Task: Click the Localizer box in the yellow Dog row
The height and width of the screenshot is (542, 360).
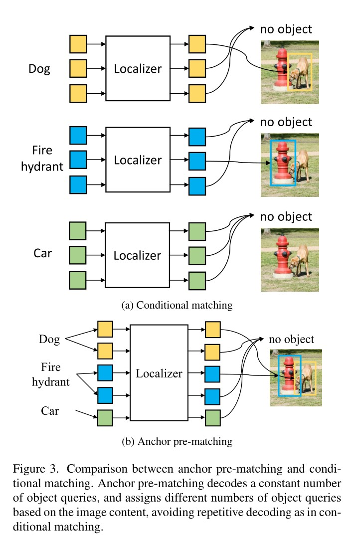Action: [138, 69]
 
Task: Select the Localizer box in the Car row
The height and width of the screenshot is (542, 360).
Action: [138, 255]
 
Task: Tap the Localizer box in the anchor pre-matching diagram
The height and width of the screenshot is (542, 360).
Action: [159, 373]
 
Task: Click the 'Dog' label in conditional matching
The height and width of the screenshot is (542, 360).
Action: [39, 69]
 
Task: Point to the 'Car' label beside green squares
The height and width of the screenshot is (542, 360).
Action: [43, 253]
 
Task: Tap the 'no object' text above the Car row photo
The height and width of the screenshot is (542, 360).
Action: [286, 216]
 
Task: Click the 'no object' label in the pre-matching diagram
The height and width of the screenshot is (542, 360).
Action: [292, 340]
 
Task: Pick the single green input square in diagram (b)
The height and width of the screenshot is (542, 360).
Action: [105, 417]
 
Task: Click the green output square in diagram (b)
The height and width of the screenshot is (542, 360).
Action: [213, 417]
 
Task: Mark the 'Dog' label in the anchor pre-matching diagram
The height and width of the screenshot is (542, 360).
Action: [49, 340]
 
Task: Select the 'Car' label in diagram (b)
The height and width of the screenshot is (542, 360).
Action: [49, 411]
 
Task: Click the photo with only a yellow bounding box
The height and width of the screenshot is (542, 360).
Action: [290, 72]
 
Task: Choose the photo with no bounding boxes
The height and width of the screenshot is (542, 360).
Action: [290, 259]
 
